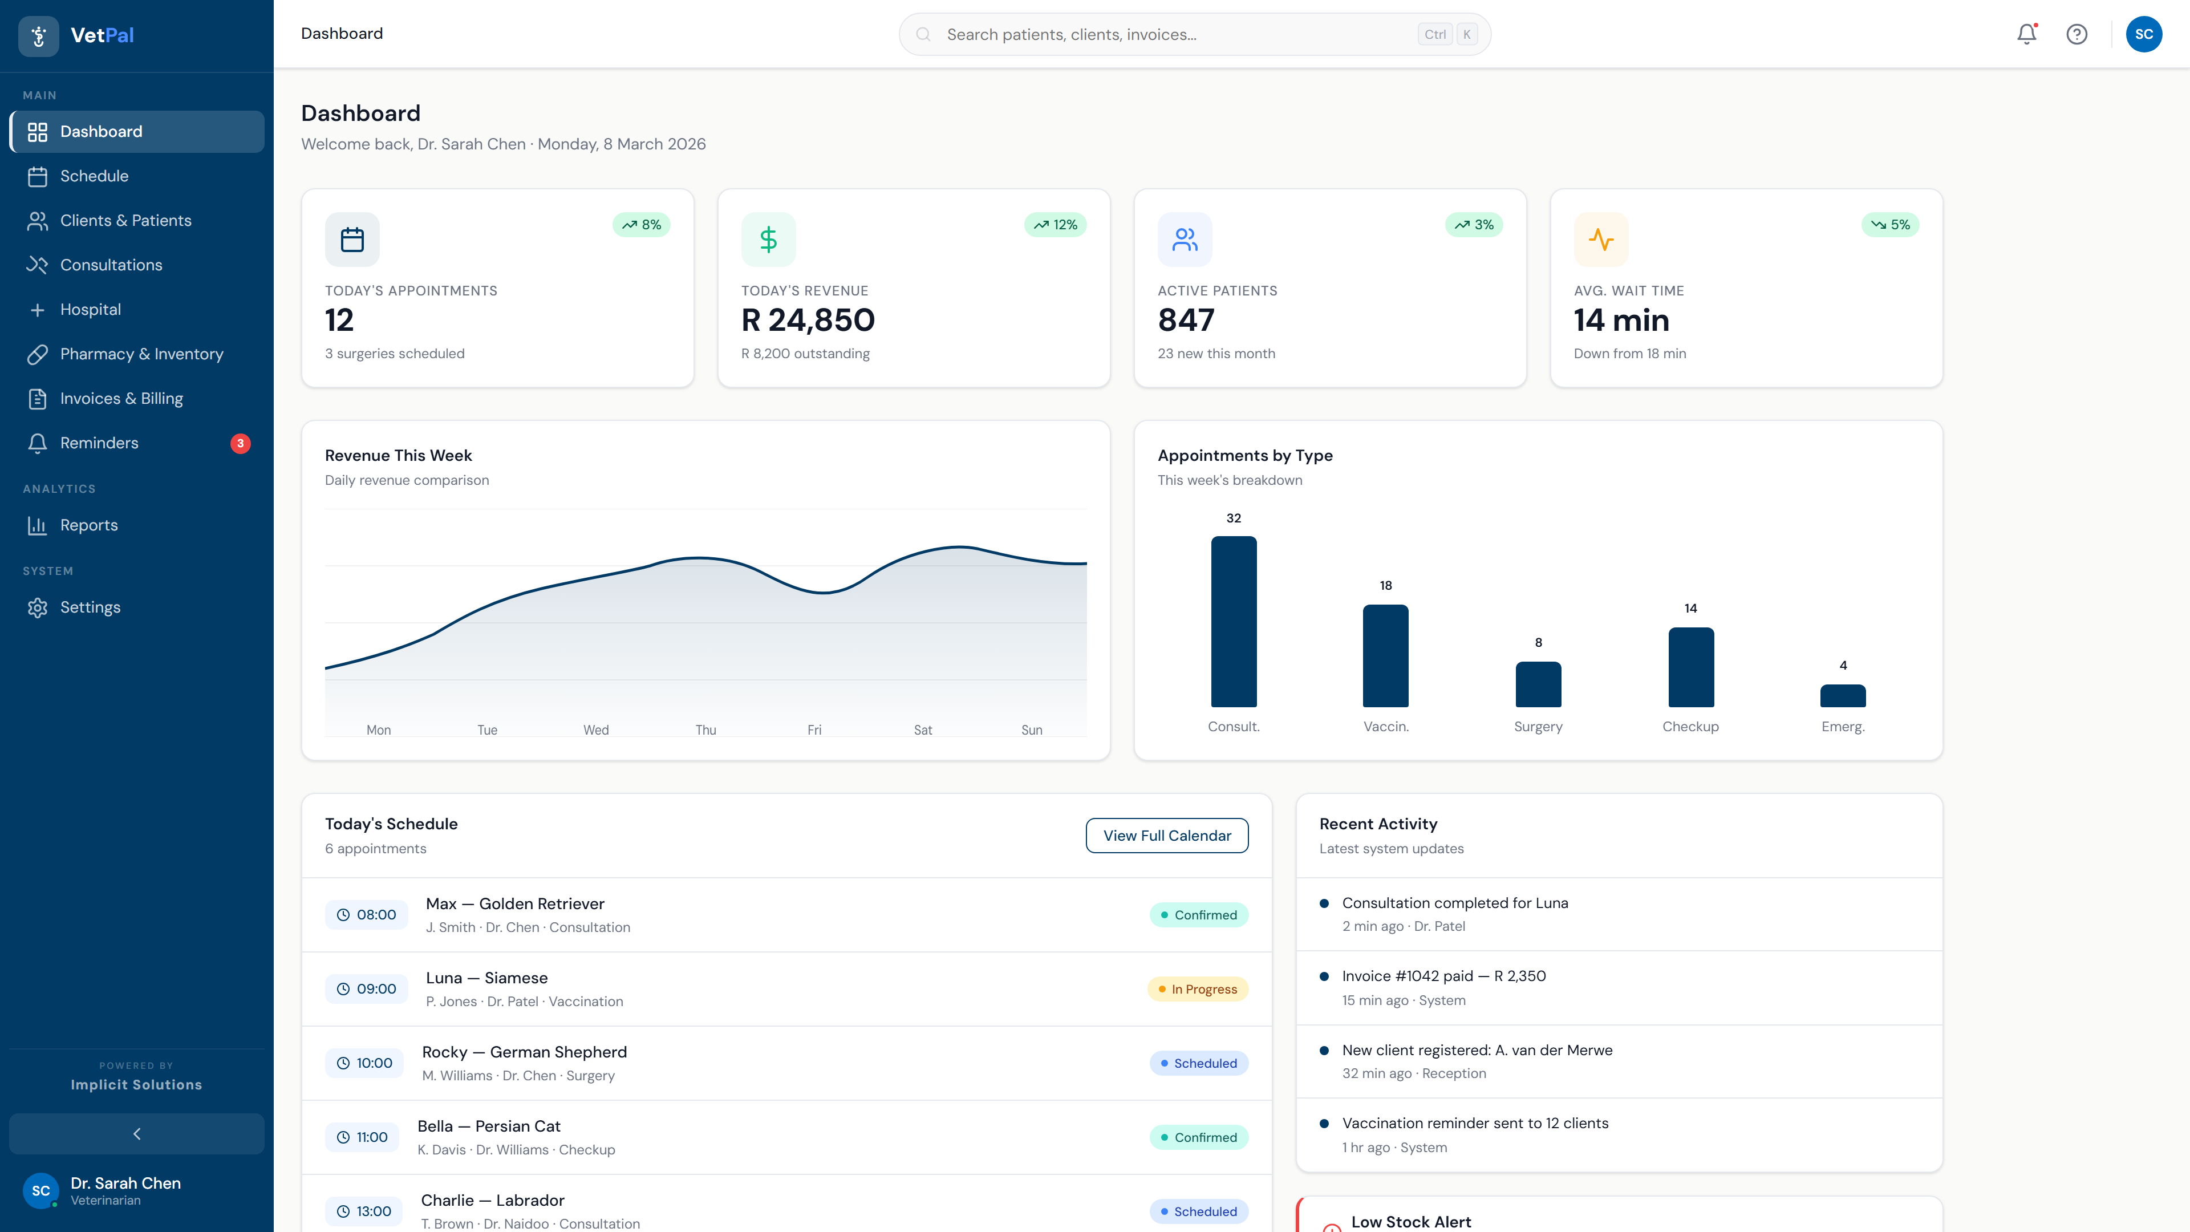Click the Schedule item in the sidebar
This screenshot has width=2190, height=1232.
click(94, 176)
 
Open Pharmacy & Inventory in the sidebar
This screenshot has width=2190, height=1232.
click(141, 354)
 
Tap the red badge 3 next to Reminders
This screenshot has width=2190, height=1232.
click(241, 443)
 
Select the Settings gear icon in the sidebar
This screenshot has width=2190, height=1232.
click(38, 607)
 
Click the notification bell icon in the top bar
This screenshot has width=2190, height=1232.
click(2027, 34)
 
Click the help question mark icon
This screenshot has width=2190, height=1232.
click(2077, 34)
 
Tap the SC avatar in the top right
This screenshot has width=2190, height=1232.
click(2143, 34)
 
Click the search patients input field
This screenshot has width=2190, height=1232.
click(1173, 34)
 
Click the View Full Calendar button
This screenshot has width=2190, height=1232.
click(1166, 835)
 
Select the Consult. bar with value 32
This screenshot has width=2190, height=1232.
click(1234, 622)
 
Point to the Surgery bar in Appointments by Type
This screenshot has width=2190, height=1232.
click(1538, 684)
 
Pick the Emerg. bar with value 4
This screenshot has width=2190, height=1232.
click(1842, 695)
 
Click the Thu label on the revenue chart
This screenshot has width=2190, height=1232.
click(705, 730)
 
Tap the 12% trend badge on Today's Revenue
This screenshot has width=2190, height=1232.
click(1055, 225)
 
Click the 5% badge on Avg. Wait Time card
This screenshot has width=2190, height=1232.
click(1890, 225)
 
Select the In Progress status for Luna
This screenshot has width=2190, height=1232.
click(1197, 989)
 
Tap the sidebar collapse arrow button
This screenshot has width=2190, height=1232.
click(137, 1133)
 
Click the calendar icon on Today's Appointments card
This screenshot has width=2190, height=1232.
click(352, 240)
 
